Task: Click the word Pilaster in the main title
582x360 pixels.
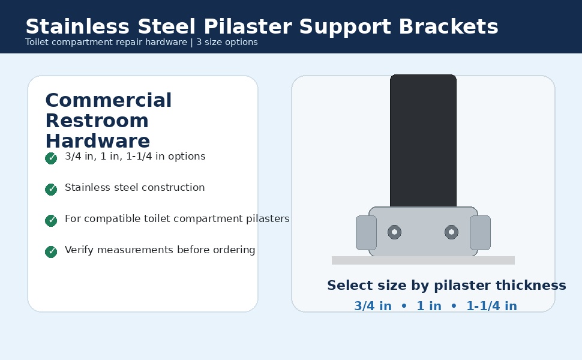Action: tap(248, 27)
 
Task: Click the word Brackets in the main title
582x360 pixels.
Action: tap(448, 27)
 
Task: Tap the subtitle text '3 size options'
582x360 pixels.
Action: tap(227, 42)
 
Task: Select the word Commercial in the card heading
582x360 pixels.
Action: tap(109, 100)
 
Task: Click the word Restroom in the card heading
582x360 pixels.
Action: tap(97, 121)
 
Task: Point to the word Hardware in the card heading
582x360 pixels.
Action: tap(98, 141)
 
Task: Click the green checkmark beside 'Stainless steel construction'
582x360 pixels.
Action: tap(51, 189)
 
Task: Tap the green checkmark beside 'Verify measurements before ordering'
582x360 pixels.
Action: tap(51, 251)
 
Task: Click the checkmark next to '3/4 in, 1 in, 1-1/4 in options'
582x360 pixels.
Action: tap(51, 158)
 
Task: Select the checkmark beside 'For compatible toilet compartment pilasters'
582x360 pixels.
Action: tap(51, 220)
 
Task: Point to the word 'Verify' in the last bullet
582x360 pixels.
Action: tap(79, 250)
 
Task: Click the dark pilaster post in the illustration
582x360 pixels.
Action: tap(423, 140)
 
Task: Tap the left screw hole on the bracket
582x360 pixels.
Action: tap(395, 232)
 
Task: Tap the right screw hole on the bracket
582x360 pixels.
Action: tap(451, 232)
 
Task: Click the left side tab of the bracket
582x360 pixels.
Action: tap(367, 233)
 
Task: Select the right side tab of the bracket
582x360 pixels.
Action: tap(480, 233)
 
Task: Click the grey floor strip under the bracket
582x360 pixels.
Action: tap(423, 260)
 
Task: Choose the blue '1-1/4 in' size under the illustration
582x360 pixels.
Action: tap(491, 306)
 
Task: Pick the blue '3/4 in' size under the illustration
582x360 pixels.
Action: tap(373, 306)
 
